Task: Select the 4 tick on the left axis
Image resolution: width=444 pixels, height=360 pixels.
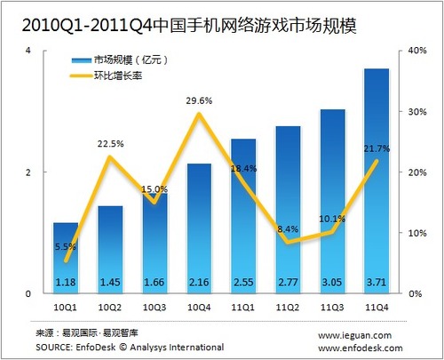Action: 28,51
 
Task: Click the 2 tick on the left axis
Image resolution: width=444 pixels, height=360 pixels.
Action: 28,172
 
